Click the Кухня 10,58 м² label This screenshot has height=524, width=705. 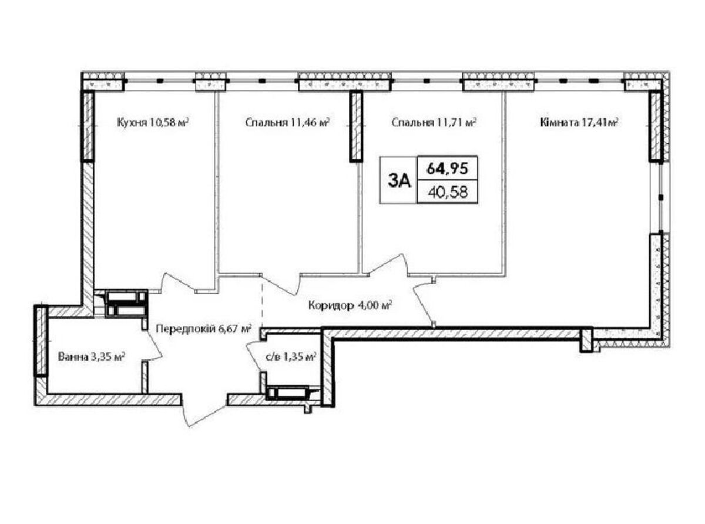pos(153,122)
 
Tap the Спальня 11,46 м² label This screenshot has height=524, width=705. pos(287,122)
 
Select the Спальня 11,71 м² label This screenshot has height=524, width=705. pos(434,122)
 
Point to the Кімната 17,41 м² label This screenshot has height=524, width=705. pos(579,122)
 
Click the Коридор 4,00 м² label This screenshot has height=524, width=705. pos(350,305)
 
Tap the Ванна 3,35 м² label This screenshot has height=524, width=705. pos(91,357)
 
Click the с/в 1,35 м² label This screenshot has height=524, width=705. pos(291,357)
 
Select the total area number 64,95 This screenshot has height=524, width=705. pos(447,168)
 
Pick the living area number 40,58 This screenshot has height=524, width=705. pos(448,192)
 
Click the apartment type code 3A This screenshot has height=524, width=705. pos(399,182)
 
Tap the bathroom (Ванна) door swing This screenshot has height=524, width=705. pos(155,345)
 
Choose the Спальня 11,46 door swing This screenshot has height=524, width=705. pos(281,284)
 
